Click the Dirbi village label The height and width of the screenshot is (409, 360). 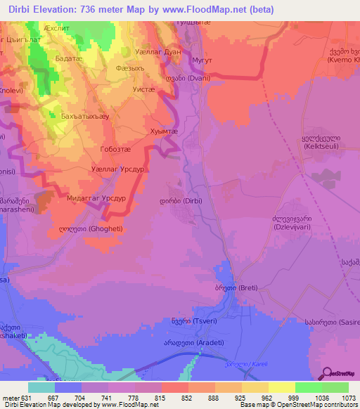pos(179,200)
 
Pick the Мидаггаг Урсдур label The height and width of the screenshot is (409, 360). pos(96,199)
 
